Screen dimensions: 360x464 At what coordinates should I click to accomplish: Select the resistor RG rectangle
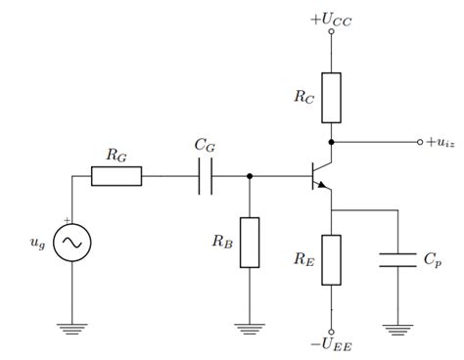(116, 177)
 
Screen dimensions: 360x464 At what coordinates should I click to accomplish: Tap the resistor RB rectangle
(250, 242)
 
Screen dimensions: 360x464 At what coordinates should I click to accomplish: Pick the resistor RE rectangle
(332, 259)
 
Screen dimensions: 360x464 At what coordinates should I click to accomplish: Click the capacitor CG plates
(206, 177)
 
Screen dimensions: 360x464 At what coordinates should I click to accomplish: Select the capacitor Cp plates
(397, 259)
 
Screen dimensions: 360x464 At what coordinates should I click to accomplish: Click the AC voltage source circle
(72, 242)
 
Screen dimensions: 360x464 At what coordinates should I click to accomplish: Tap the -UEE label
(332, 344)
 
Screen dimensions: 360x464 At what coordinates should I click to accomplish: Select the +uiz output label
(442, 143)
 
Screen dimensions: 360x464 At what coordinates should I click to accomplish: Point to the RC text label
(303, 97)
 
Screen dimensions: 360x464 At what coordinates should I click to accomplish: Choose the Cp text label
(431, 260)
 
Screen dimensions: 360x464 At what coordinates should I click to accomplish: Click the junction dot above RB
(250, 177)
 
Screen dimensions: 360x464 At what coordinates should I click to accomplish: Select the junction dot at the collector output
(332, 143)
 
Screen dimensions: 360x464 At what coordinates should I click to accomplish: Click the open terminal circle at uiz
(419, 143)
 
